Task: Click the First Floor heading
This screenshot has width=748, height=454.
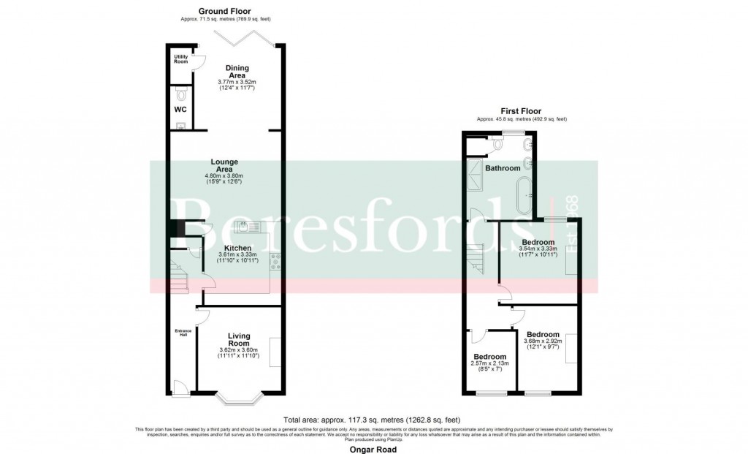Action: [x=521, y=111]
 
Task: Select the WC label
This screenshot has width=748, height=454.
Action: [x=180, y=110]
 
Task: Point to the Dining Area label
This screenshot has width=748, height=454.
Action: [x=237, y=72]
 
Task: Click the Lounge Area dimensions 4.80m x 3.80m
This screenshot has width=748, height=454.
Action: [x=224, y=176]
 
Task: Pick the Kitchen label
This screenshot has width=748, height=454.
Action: [x=237, y=248]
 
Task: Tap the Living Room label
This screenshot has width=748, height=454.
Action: [x=238, y=340]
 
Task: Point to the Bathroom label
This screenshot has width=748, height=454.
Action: [x=503, y=168]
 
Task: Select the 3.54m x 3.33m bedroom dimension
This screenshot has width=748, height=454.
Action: [x=538, y=249]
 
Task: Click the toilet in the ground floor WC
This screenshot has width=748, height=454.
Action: [x=181, y=95]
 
